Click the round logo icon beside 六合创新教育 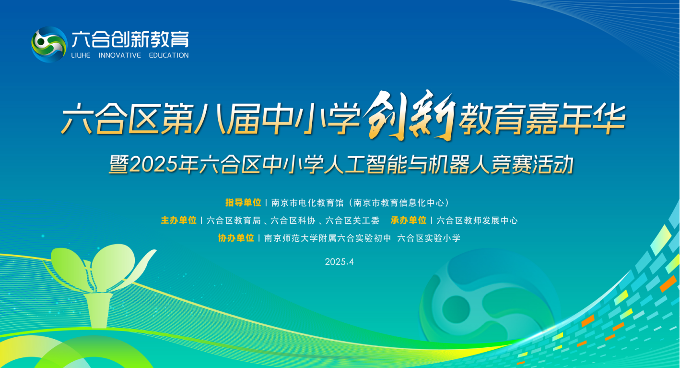coord(49,44)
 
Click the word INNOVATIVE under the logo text coord(119,55)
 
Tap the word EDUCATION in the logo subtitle coord(169,55)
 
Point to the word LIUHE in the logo coord(81,55)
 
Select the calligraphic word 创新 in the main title coord(410,115)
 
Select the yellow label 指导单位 coord(243,203)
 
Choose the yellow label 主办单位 coord(178,220)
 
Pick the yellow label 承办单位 coord(409,220)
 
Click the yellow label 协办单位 coord(236,238)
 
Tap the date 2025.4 coord(340,262)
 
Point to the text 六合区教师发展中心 coord(477,221)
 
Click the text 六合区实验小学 coord(429,238)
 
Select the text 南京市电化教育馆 coord(307,203)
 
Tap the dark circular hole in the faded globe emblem coord(456,309)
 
